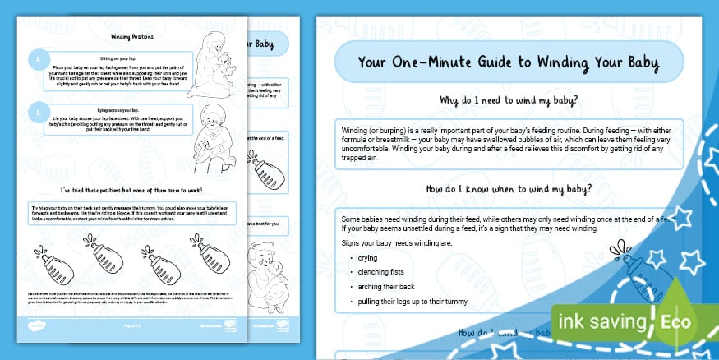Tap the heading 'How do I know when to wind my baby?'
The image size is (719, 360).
click(505, 188)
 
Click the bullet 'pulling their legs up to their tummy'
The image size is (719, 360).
click(408, 301)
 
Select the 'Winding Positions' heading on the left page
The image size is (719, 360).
click(133, 37)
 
